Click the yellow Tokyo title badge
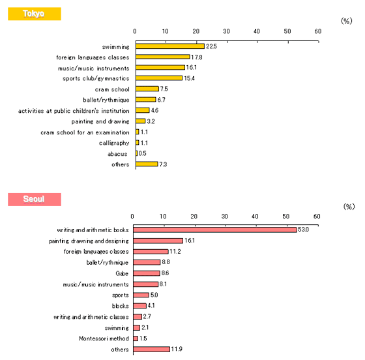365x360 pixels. click(x=35, y=14)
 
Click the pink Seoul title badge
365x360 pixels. click(x=35, y=200)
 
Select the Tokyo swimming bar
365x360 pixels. click(x=170, y=46)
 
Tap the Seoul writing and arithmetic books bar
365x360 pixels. click(x=215, y=230)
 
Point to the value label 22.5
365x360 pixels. click(x=211, y=46)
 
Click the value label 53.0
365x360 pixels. click(x=303, y=230)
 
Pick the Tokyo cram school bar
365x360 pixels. click(x=147, y=89)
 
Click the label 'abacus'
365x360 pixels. click(x=117, y=154)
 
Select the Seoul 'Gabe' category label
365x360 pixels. click(x=122, y=273)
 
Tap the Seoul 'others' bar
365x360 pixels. click(x=151, y=349)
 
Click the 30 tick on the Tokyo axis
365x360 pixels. click(x=226, y=31)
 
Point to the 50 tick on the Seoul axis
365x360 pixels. click(x=286, y=217)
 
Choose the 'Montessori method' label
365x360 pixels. click(x=104, y=338)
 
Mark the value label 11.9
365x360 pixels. click(x=177, y=349)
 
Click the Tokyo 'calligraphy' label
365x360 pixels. click(x=114, y=143)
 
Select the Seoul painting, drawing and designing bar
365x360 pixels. click(x=158, y=241)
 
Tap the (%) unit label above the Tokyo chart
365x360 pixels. click(x=347, y=21)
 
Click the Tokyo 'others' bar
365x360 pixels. click(x=147, y=164)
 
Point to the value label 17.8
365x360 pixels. click(x=196, y=57)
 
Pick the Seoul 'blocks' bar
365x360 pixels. click(x=140, y=305)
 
